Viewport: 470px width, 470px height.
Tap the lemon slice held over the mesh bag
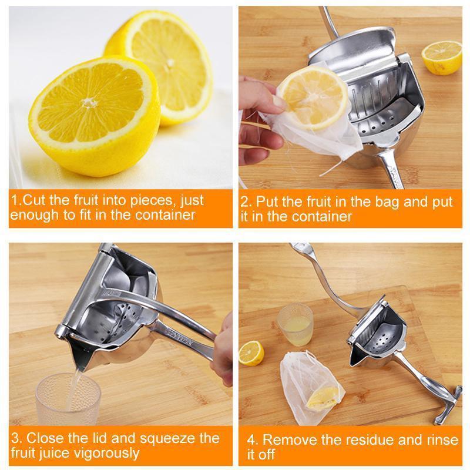[x=312, y=96]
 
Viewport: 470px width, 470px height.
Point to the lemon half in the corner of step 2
[x=442, y=57]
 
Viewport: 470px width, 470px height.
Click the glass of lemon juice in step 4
[x=294, y=324]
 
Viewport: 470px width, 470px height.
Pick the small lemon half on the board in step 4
[x=251, y=352]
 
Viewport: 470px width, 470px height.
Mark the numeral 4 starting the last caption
[x=250, y=439]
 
